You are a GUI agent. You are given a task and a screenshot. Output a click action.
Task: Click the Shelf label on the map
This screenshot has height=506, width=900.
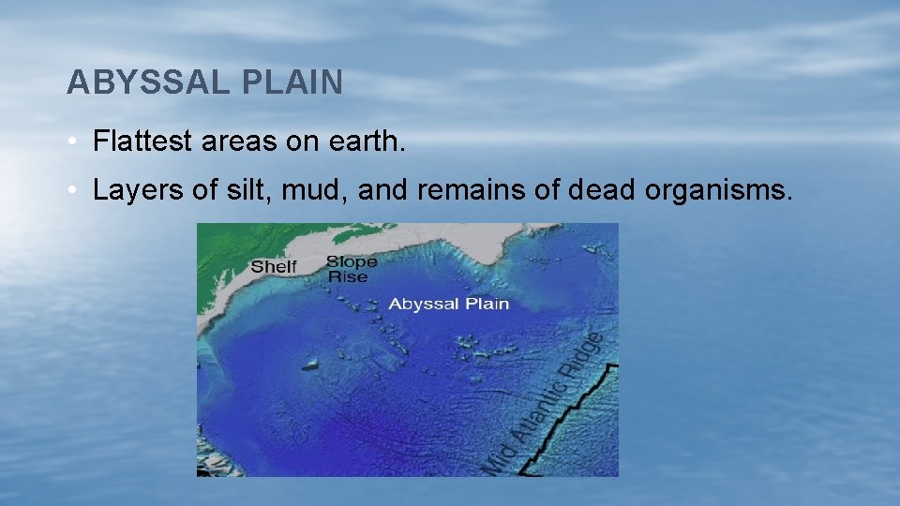(274, 267)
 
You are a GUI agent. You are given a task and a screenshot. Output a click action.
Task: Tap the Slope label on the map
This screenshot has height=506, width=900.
(352, 261)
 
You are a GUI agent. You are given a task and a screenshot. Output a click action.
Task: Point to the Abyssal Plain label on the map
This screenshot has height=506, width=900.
(448, 304)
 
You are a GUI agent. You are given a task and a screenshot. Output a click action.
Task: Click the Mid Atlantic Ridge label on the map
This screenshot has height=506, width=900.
(548, 403)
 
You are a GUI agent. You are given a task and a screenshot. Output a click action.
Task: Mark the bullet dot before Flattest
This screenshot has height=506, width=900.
(72, 143)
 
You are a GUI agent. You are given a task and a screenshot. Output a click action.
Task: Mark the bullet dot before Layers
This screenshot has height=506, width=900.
(72, 190)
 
